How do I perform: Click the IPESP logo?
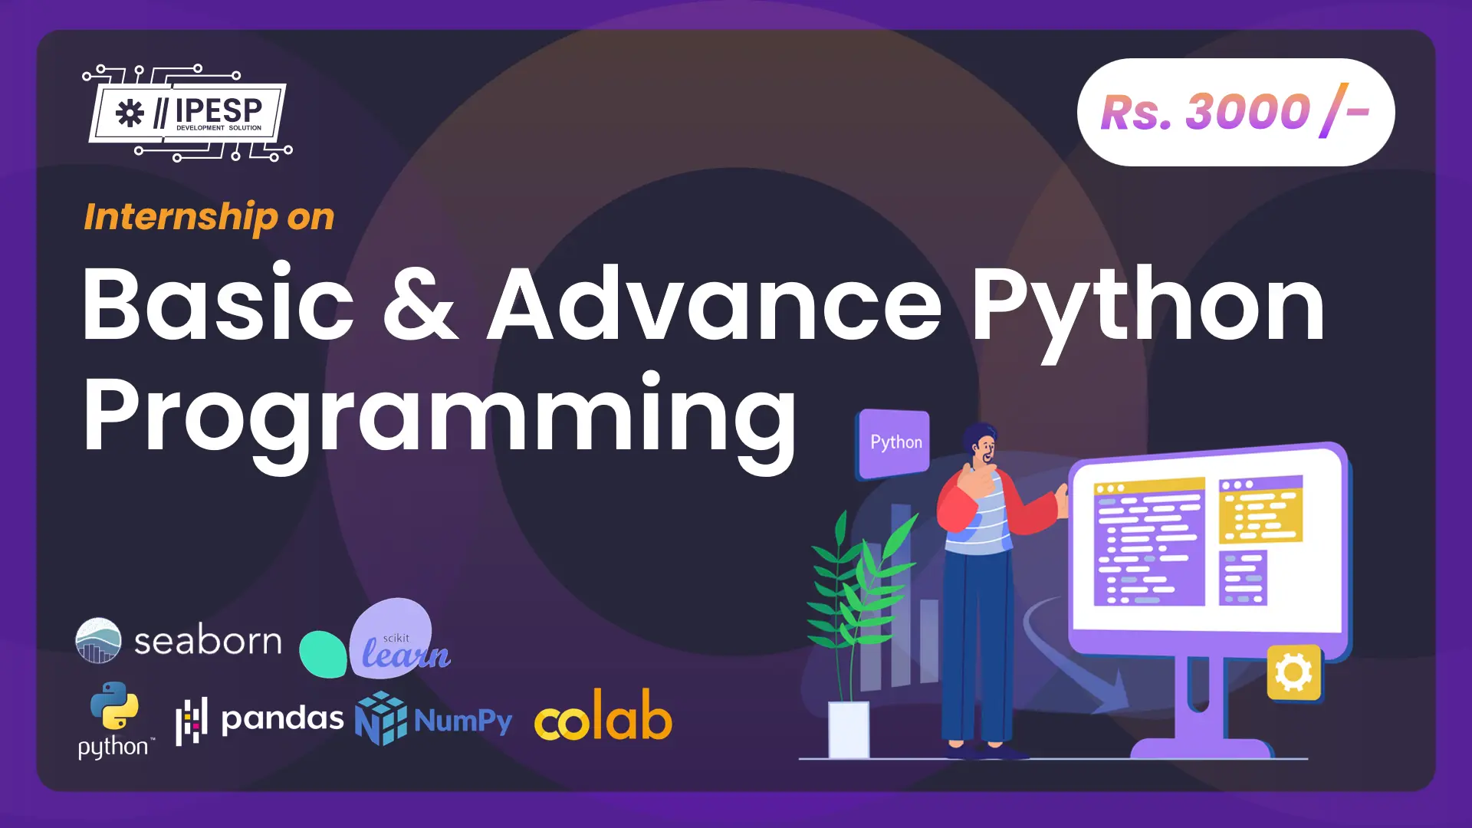click(187, 113)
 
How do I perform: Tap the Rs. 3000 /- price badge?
click(1236, 113)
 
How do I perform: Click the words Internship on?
click(209, 217)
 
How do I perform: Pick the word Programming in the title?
click(440, 418)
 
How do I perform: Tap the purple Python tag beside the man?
click(894, 444)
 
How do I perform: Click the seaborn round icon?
click(98, 640)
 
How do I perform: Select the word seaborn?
click(208, 640)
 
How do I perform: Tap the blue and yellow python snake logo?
click(114, 705)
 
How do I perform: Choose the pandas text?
click(282, 719)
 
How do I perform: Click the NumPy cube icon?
click(380, 718)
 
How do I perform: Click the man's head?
click(981, 445)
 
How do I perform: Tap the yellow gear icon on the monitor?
click(1294, 672)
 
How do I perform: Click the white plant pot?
click(849, 729)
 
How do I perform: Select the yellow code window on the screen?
click(1260, 509)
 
